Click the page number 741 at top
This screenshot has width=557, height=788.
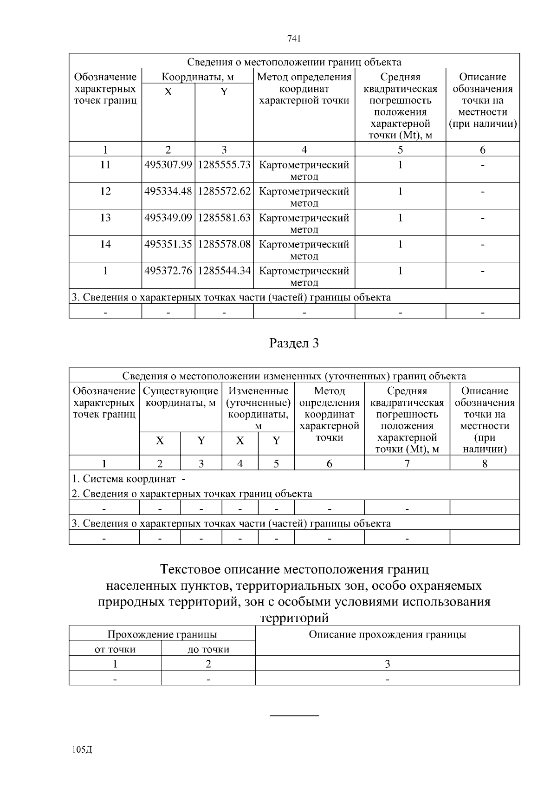(294, 39)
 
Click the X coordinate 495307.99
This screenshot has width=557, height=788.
(168, 165)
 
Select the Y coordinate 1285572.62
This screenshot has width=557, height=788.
(224, 191)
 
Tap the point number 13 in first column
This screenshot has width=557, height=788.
(105, 218)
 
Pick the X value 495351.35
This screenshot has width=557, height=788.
(168, 244)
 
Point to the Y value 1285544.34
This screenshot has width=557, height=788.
(224, 271)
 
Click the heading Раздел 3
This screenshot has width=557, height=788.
(294, 344)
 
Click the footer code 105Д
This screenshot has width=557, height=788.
(83, 750)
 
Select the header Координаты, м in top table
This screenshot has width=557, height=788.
(197, 77)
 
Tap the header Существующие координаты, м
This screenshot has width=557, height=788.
(181, 397)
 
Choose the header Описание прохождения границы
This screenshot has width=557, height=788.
(388, 635)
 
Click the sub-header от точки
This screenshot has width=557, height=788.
(115, 650)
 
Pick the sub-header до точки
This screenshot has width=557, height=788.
(208, 650)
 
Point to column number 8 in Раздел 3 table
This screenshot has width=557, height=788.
(485, 463)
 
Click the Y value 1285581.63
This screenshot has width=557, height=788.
(224, 218)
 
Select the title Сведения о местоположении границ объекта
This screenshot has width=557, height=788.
(294, 62)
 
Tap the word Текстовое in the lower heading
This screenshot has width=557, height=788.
(190, 569)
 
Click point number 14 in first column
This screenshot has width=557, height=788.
(105, 244)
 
